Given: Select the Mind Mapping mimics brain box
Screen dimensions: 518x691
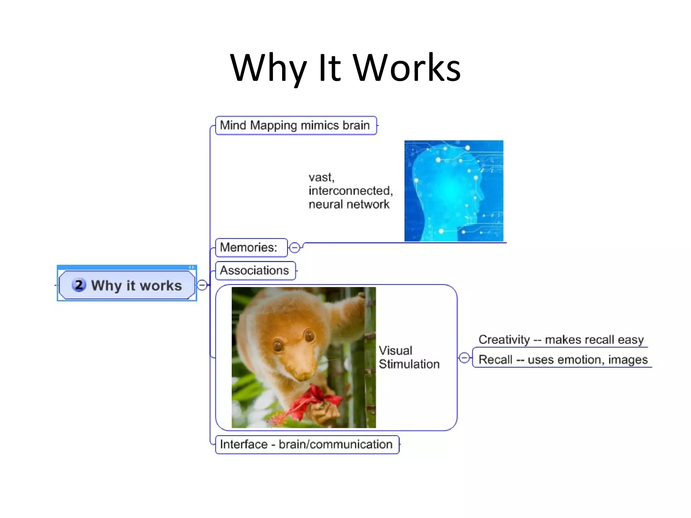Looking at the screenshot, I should [296, 125].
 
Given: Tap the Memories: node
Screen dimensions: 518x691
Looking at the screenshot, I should [251, 248].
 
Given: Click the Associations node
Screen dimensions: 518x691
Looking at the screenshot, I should [255, 270].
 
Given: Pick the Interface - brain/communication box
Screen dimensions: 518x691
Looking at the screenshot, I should [306, 444].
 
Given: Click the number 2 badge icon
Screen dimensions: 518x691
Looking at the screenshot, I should [79, 285].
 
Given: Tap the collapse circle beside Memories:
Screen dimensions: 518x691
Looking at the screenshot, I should [295, 248].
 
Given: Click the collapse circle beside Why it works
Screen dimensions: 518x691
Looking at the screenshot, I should [202, 285].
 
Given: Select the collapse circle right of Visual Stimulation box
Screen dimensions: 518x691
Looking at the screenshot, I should [464, 357].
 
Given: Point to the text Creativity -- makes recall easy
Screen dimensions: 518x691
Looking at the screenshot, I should [561, 340].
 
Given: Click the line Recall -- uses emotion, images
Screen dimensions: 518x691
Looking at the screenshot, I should [563, 360].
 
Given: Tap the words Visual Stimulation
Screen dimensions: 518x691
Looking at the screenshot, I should [409, 357].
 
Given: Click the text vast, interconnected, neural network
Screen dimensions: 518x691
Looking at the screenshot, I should [350, 191].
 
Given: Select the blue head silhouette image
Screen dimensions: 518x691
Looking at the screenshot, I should [453, 191].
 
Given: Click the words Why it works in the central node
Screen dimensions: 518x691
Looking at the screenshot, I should [136, 286].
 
